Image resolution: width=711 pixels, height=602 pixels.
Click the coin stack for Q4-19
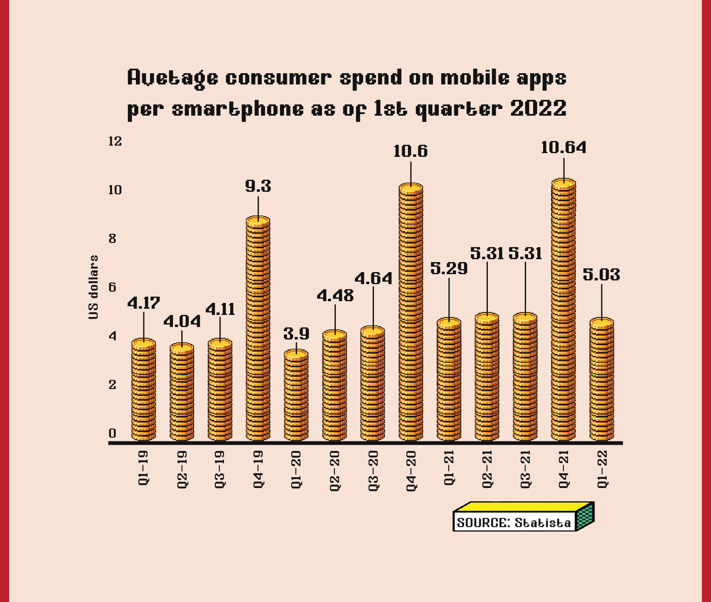258,329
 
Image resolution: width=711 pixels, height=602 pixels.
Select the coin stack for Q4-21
563,310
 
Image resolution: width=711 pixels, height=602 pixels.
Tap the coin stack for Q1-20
296,395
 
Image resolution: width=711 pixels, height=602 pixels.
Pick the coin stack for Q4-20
411,312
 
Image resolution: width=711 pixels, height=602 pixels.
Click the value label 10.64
563,148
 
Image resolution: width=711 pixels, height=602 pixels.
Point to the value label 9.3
258,186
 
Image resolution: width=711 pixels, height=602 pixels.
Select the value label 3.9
296,334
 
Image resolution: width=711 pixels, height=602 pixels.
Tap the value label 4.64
373,278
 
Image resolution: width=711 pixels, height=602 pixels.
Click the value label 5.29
449,268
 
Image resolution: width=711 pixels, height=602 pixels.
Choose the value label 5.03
601,275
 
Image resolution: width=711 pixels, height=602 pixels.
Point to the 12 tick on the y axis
115,141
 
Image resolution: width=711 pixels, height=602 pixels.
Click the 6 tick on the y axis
112,287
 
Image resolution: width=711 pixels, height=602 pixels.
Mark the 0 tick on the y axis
112,433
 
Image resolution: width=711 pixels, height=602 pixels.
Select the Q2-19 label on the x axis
182,469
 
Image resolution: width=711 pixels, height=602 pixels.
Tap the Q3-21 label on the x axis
525,469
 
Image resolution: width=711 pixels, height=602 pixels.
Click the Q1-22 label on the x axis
602,469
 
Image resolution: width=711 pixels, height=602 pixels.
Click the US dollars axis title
94,287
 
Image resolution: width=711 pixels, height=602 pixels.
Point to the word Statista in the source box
543,523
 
